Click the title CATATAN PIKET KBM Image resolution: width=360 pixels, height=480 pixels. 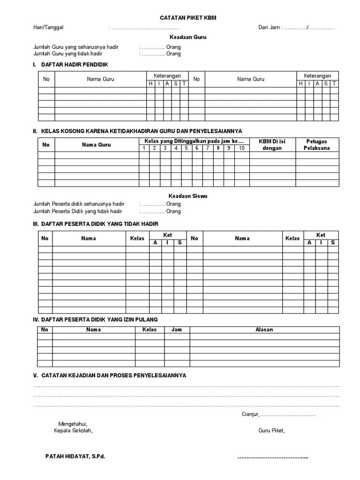[186, 17]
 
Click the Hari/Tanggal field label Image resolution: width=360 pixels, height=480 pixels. [48, 27]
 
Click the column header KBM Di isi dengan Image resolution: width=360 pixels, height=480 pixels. [272, 145]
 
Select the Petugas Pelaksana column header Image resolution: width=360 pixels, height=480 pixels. [316, 145]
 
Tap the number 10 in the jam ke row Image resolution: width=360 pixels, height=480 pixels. [241, 148]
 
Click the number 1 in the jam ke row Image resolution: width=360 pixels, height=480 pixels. [144, 148]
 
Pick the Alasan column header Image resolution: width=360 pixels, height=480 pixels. [264, 330]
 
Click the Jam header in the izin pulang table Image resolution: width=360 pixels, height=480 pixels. [177, 330]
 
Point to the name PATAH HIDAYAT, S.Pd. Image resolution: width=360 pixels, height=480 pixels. [75, 457]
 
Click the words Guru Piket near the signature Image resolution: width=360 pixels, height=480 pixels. [271, 431]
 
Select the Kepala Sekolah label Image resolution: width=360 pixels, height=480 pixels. [73, 431]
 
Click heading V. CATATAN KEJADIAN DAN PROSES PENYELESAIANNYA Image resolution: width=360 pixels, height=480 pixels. [110, 375]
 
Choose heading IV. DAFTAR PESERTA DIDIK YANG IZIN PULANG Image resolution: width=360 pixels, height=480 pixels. [96, 319]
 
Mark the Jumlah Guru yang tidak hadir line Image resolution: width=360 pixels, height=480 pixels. [68, 54]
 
